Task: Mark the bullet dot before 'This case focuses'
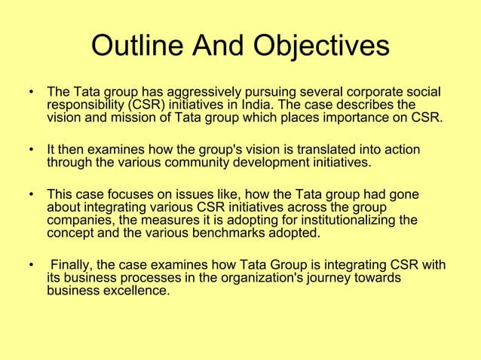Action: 31,195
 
